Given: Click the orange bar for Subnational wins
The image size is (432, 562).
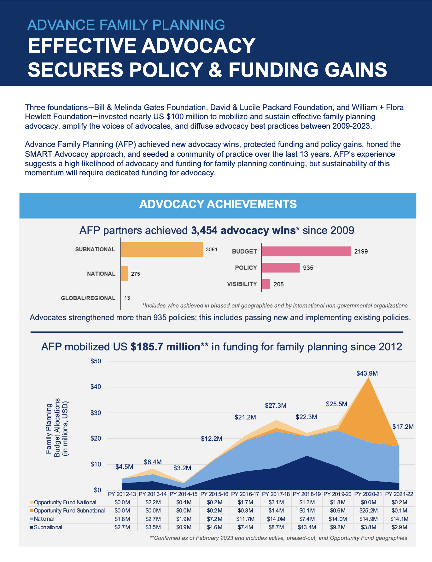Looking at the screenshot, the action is point(162,249).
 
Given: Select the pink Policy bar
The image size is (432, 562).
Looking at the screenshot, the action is point(281,267).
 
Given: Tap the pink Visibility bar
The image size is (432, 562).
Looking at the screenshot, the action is point(266,284).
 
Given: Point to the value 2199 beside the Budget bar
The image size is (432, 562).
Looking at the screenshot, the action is point(361,252).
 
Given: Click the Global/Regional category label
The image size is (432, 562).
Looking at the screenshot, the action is point(88,298).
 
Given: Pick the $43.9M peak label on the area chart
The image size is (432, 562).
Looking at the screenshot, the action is point(367,373).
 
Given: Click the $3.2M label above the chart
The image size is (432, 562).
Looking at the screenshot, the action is point(182,468).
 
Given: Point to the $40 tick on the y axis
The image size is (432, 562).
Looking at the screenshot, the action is point(96,387).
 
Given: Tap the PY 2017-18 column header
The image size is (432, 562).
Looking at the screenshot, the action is point(276,494).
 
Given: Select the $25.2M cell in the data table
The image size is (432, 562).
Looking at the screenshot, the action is point(368,511).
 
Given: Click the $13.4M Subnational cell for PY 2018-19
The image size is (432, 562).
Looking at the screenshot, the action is point(307,527).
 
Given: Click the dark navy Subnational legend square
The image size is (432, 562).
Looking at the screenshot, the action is point(32,527).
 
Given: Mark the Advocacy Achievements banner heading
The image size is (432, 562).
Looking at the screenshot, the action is point(218,204).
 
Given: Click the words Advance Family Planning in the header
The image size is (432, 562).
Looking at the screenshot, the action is point(126,25).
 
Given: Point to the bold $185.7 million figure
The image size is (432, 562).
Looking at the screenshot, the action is point(166,347).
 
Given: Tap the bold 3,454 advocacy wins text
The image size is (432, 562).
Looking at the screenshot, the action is point(243,231).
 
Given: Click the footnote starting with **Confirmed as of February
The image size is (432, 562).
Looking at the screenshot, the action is point(278,538).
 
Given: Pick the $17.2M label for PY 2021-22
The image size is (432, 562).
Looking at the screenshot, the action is point(403,427).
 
